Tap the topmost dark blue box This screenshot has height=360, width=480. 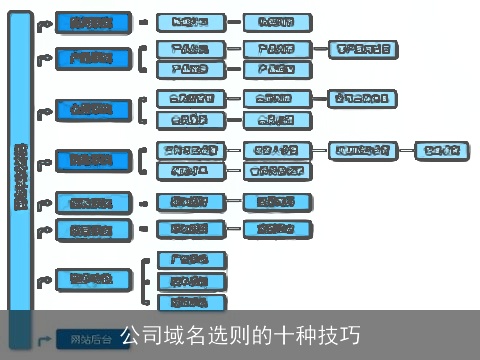point(91,22)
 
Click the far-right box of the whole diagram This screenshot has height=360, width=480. point(441,151)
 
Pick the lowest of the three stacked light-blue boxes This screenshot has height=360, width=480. point(191,301)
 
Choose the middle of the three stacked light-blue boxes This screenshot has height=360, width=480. point(191,281)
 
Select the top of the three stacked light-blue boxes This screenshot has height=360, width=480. point(191,260)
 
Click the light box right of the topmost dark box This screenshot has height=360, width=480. point(190,22)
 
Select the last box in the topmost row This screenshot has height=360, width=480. point(276,22)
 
